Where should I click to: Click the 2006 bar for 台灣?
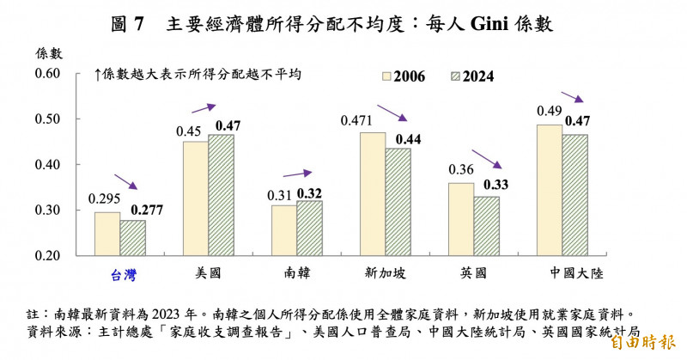click(107, 234)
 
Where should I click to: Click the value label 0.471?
click(357, 121)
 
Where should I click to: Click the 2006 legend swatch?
click(385, 76)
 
